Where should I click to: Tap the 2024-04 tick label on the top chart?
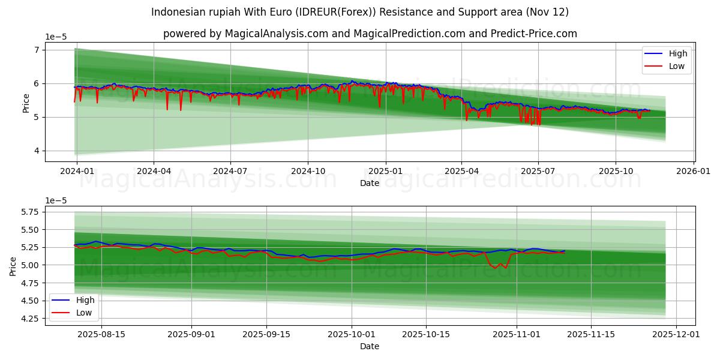click(x=154, y=171)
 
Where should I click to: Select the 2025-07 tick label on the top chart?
click(x=538, y=171)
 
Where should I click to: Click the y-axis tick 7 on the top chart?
click(x=37, y=50)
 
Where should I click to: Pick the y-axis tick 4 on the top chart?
click(x=37, y=151)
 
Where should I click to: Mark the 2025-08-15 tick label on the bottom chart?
click(x=101, y=334)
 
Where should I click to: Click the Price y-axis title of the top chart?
click(x=26, y=103)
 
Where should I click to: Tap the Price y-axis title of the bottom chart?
click(x=13, y=265)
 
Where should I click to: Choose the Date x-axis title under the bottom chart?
click(x=370, y=346)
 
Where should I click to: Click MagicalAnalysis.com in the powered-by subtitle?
click(x=277, y=34)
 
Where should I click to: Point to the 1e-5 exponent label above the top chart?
click(x=56, y=37)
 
